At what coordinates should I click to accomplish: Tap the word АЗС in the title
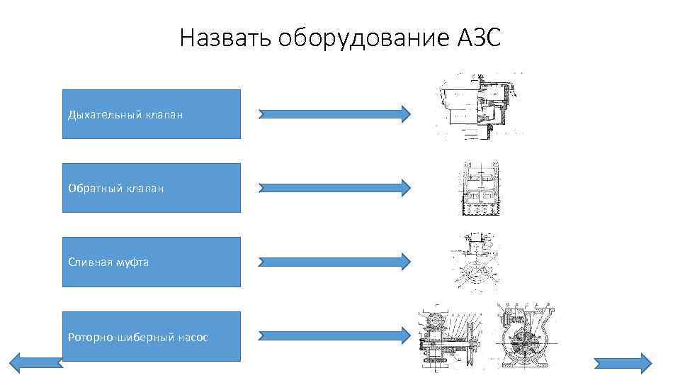click(x=477, y=38)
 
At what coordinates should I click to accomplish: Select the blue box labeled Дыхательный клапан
click(x=151, y=113)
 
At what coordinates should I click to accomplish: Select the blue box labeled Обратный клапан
click(x=151, y=188)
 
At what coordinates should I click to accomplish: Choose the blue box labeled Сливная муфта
click(x=151, y=262)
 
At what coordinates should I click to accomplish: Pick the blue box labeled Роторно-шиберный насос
click(x=151, y=336)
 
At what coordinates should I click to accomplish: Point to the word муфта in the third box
click(x=133, y=262)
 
